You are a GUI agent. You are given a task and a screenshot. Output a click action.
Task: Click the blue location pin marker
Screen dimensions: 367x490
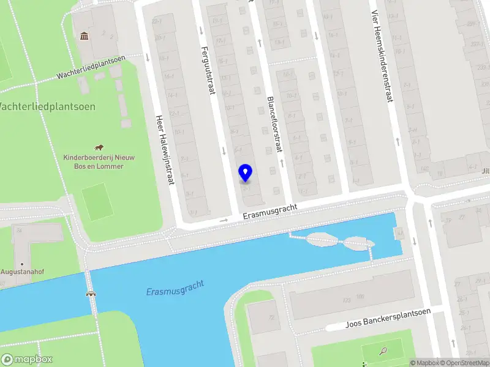245,173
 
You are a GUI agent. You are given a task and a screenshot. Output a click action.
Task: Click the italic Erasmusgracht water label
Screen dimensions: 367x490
175,287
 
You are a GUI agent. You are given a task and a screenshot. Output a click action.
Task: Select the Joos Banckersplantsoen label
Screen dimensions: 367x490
388,319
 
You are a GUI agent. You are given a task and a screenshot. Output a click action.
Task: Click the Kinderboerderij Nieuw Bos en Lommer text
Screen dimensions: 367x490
99,161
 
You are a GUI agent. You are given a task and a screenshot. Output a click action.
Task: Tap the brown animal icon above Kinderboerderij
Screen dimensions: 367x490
98,147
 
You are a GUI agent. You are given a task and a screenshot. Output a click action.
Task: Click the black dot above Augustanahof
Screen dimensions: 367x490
22,264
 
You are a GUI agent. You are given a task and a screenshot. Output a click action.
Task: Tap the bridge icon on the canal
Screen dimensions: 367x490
91,294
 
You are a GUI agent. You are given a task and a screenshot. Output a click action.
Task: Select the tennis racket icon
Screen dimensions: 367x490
383,351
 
